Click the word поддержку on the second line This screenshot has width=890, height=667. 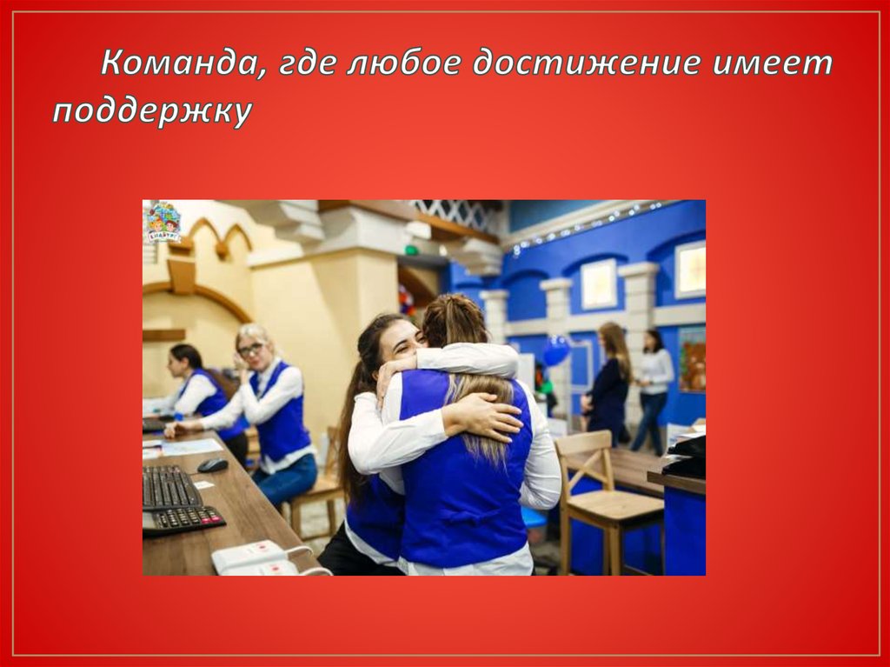[151, 113]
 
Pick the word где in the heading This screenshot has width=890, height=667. [305, 65]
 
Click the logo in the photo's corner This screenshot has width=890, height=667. [163, 222]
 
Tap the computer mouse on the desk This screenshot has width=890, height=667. [212, 465]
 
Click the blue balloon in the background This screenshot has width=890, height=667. [556, 350]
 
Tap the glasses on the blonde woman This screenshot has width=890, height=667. [249, 350]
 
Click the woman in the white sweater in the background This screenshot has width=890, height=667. [654, 387]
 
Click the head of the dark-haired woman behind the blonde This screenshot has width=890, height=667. [187, 359]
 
